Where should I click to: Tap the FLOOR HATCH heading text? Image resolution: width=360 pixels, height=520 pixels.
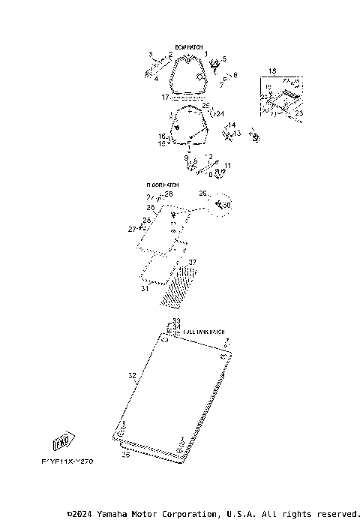pyautogui.click(x=162, y=185)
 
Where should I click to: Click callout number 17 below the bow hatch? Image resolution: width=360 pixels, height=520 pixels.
pyautogui.click(x=165, y=98)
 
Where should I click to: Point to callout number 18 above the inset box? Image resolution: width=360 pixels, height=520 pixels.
pyautogui.click(x=272, y=70)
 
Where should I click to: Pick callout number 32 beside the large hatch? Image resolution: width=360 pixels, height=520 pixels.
pyautogui.click(x=132, y=375)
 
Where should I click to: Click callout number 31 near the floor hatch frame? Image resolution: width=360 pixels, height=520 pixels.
pyautogui.click(x=144, y=287)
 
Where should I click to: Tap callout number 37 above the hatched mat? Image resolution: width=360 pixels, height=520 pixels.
pyautogui.click(x=192, y=262)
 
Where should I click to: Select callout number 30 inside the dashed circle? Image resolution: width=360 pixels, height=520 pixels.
pyautogui.click(x=227, y=205)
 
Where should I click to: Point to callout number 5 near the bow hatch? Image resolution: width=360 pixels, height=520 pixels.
pyautogui.click(x=223, y=59)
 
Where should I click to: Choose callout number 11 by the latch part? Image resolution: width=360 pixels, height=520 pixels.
pyautogui.click(x=228, y=165)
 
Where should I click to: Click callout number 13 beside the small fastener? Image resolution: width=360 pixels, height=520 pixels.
pyautogui.click(x=237, y=133)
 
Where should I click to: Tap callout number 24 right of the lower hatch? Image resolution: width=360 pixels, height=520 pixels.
pyautogui.click(x=220, y=113)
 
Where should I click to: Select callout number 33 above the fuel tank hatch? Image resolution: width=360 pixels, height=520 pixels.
pyautogui.click(x=176, y=320)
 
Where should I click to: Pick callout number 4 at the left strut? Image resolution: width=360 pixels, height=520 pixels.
pyautogui.click(x=155, y=77)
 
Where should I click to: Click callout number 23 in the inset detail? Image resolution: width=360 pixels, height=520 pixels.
pyautogui.click(x=298, y=113)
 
